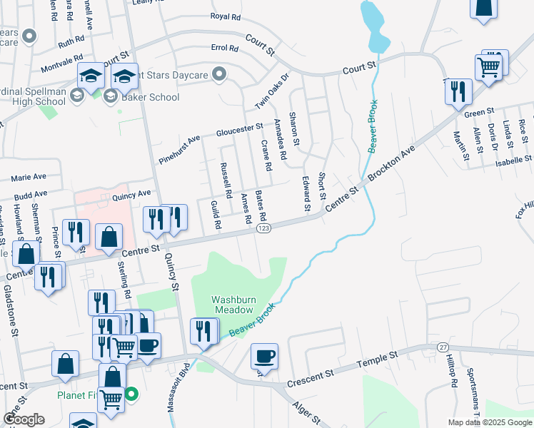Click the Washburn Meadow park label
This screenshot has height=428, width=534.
(x=232, y=305)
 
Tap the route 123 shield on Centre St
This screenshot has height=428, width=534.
(x=263, y=228)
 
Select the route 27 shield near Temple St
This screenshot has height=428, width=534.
(x=443, y=346)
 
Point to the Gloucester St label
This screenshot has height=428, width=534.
(x=240, y=130)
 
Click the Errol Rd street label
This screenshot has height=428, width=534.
(x=224, y=49)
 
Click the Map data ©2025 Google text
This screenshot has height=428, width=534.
(x=489, y=422)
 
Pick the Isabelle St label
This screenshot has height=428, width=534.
(x=514, y=160)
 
